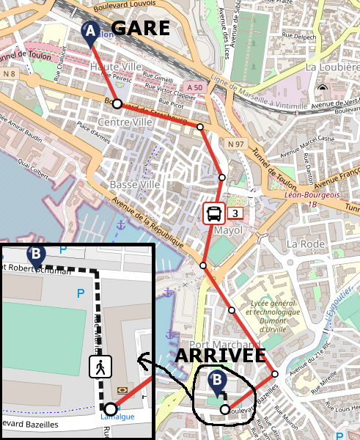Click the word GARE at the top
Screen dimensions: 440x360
140,29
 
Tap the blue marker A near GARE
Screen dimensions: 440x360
91,33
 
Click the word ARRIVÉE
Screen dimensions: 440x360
220,356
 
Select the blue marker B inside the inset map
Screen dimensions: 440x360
36,256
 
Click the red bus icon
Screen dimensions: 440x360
214,214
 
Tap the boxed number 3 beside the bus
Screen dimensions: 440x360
235,214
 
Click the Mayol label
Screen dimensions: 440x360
227,230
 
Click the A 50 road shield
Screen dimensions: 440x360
193,86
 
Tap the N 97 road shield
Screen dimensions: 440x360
235,144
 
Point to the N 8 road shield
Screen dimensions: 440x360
10,73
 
